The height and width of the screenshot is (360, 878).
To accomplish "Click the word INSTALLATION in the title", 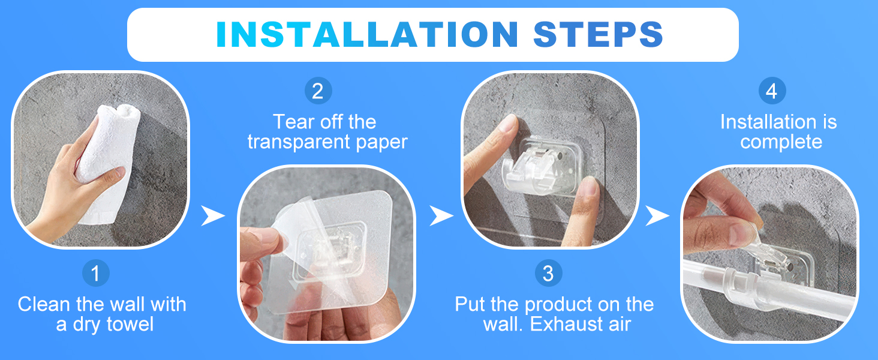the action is pyautogui.click(x=367, y=35).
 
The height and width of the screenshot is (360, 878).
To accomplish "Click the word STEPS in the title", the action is pyautogui.click(x=598, y=35).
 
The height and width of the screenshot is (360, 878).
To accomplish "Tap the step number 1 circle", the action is pyautogui.click(x=95, y=273).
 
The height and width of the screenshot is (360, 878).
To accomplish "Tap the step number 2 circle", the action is pyautogui.click(x=318, y=91).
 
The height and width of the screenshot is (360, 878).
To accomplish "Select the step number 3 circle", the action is pyautogui.click(x=548, y=273).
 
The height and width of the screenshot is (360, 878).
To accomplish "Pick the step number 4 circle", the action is pyautogui.click(x=772, y=91).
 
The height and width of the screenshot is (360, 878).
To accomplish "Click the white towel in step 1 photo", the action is pyautogui.click(x=108, y=163).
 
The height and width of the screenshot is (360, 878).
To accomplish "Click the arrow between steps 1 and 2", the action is pyautogui.click(x=213, y=215).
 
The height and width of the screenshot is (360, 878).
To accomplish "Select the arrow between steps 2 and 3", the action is pyautogui.click(x=441, y=215).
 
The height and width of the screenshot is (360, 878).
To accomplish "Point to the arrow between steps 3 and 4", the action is pyautogui.click(x=657, y=215).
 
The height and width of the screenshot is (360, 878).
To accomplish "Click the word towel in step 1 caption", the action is pyautogui.click(x=130, y=325).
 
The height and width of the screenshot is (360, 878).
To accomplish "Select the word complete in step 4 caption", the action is pyautogui.click(x=781, y=142).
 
